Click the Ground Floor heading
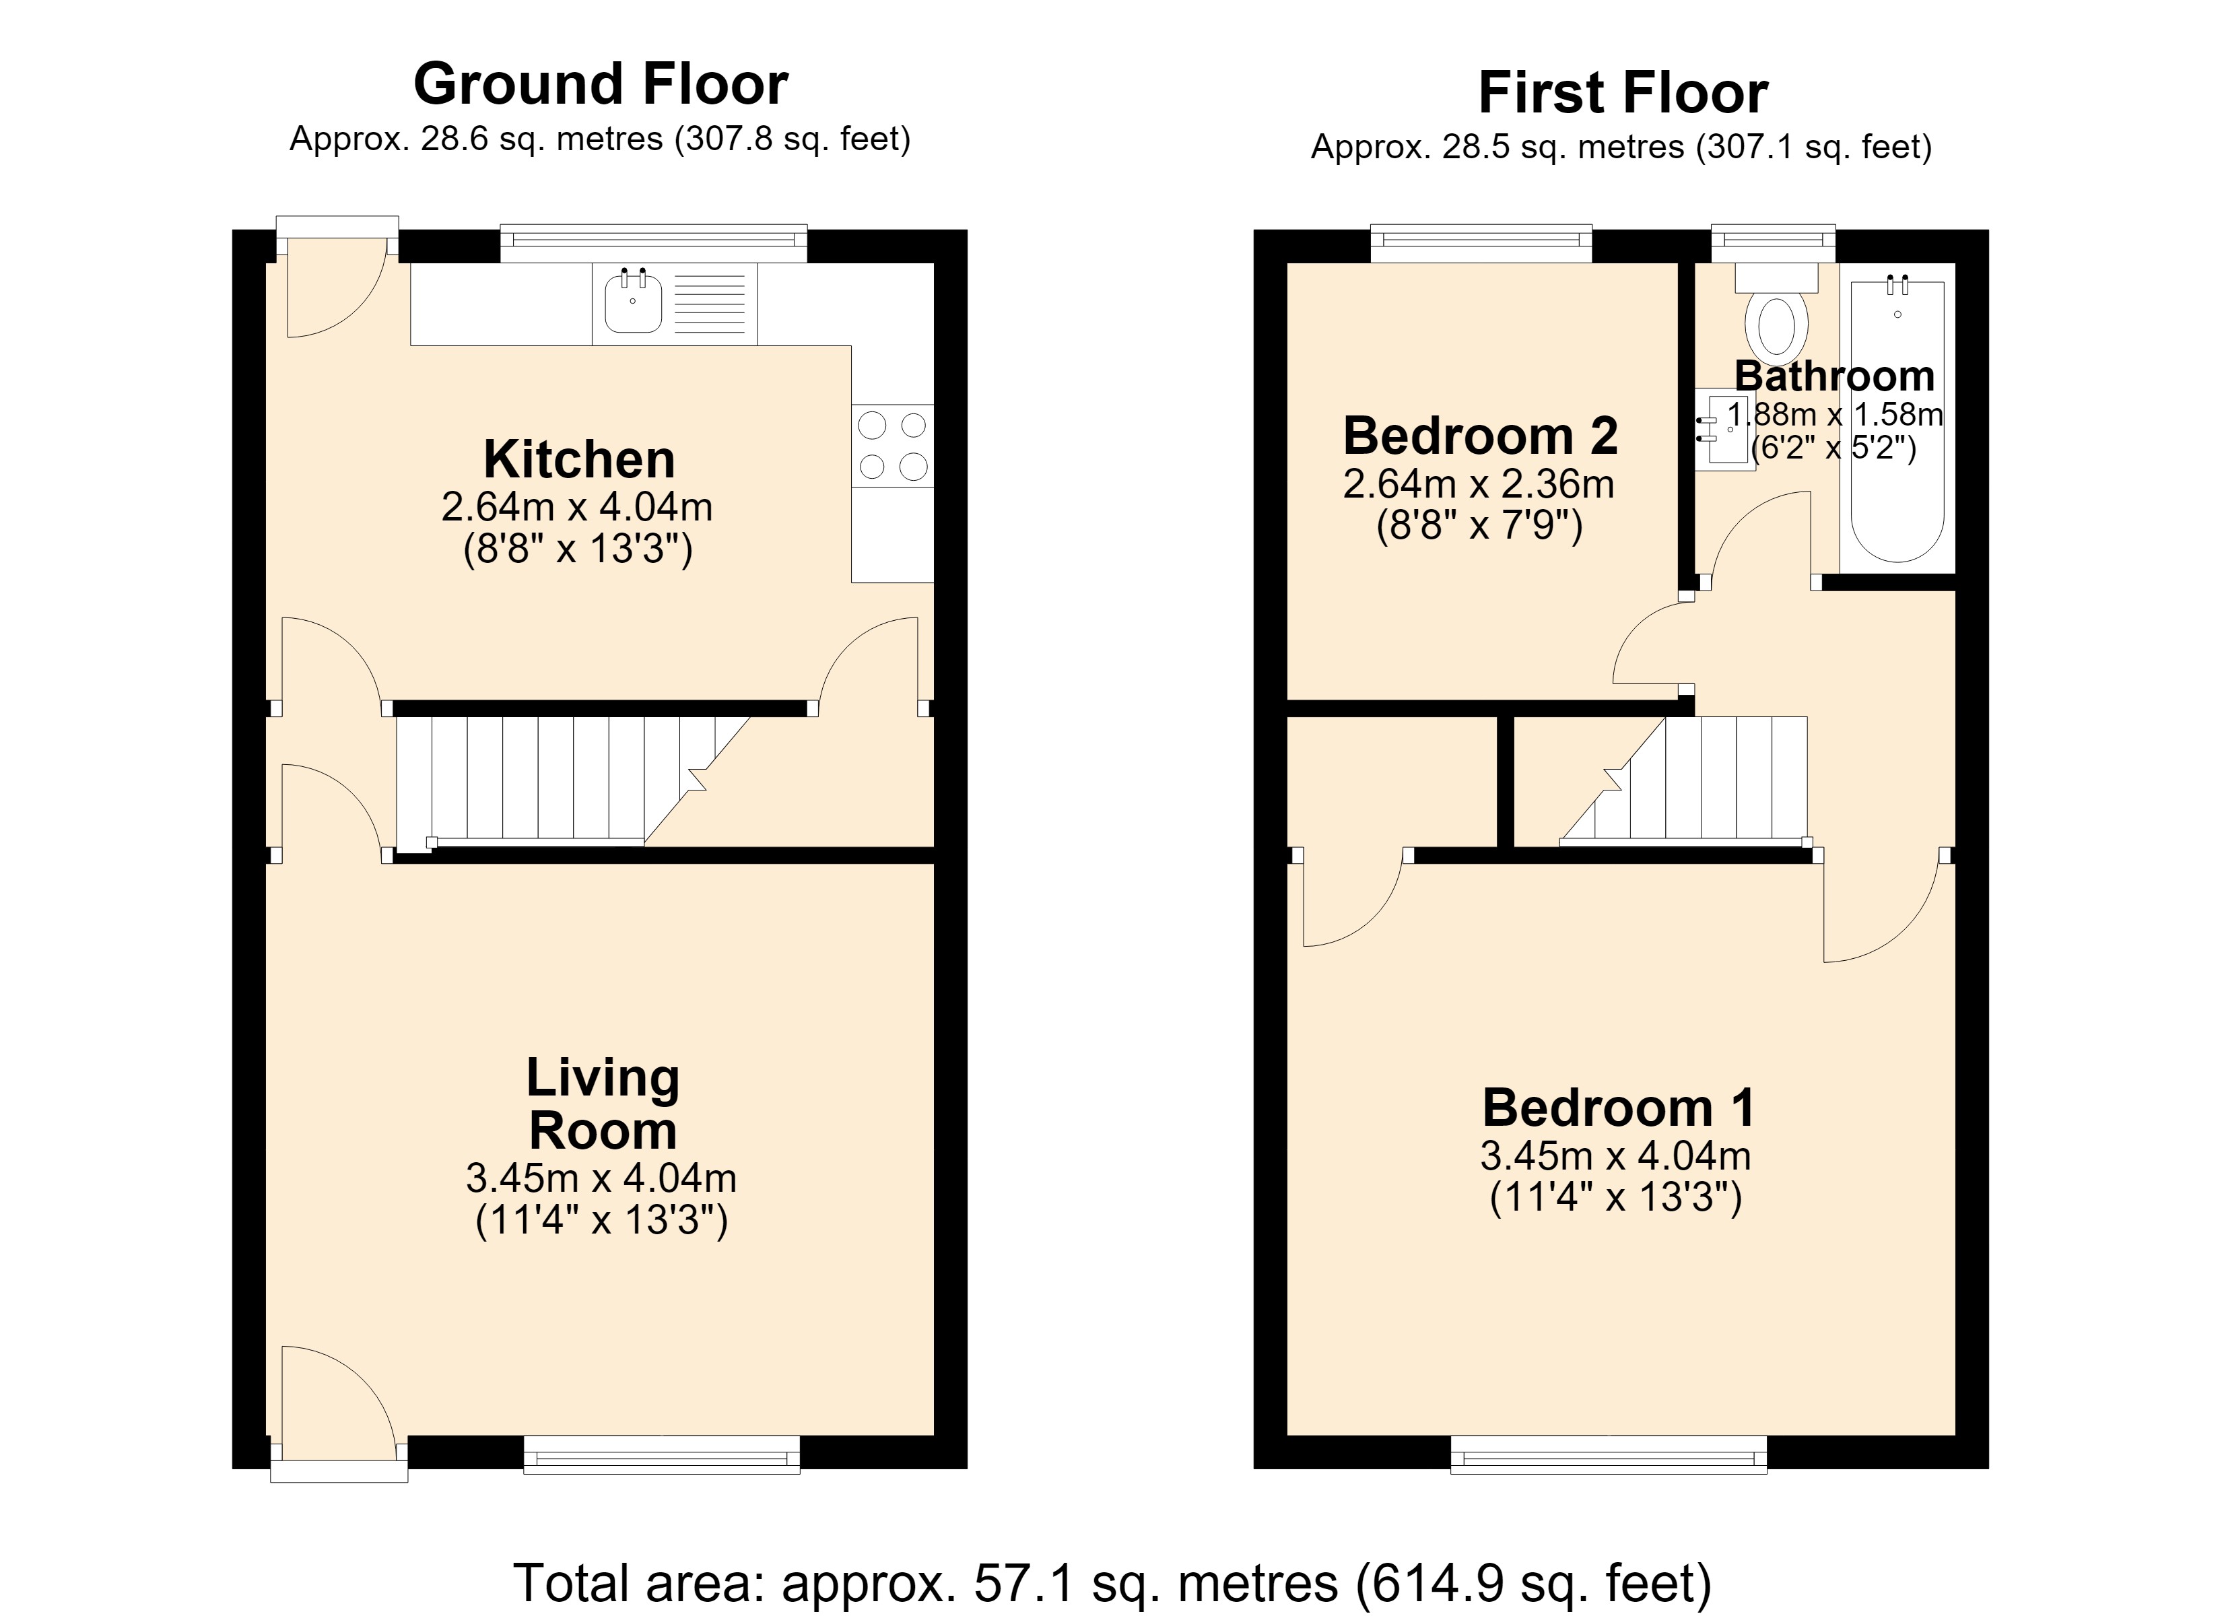click(x=601, y=84)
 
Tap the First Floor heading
click(x=1623, y=93)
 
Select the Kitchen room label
click(x=579, y=459)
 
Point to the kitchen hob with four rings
click(x=893, y=446)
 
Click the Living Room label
click(x=603, y=1104)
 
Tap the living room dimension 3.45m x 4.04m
click(x=601, y=1178)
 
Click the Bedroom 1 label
click(x=1619, y=1108)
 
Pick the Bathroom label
click(x=1834, y=376)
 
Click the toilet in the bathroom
click(x=1776, y=312)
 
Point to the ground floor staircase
click(x=573, y=781)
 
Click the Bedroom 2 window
click(x=1481, y=244)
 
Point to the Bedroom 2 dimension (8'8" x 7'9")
click(x=1479, y=527)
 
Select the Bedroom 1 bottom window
click(x=1609, y=1454)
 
